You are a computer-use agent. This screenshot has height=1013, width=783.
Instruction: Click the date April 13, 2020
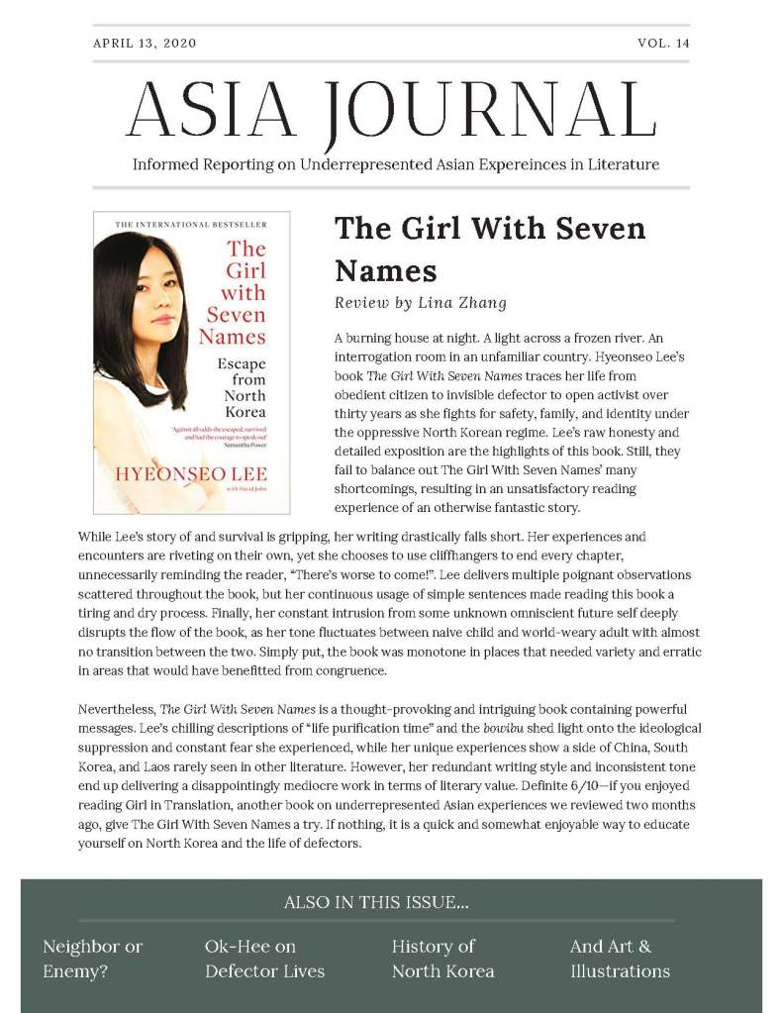[145, 43]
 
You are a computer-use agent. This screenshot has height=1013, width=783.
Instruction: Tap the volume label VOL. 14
[664, 43]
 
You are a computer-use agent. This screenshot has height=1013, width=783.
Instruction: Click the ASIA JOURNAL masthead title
[392, 109]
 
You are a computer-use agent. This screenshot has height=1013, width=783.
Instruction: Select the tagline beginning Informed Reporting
[396, 164]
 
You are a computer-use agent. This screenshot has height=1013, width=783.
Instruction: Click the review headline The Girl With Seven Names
[490, 249]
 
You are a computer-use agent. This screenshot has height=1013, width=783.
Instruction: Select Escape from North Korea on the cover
[242, 388]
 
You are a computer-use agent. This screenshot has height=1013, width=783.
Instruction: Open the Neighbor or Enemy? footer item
[93, 959]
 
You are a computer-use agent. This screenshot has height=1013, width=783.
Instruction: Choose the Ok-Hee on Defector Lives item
[264, 959]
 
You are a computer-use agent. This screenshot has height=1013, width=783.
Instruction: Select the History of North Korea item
[442, 959]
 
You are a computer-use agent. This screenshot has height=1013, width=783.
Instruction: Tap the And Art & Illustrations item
[620, 959]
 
